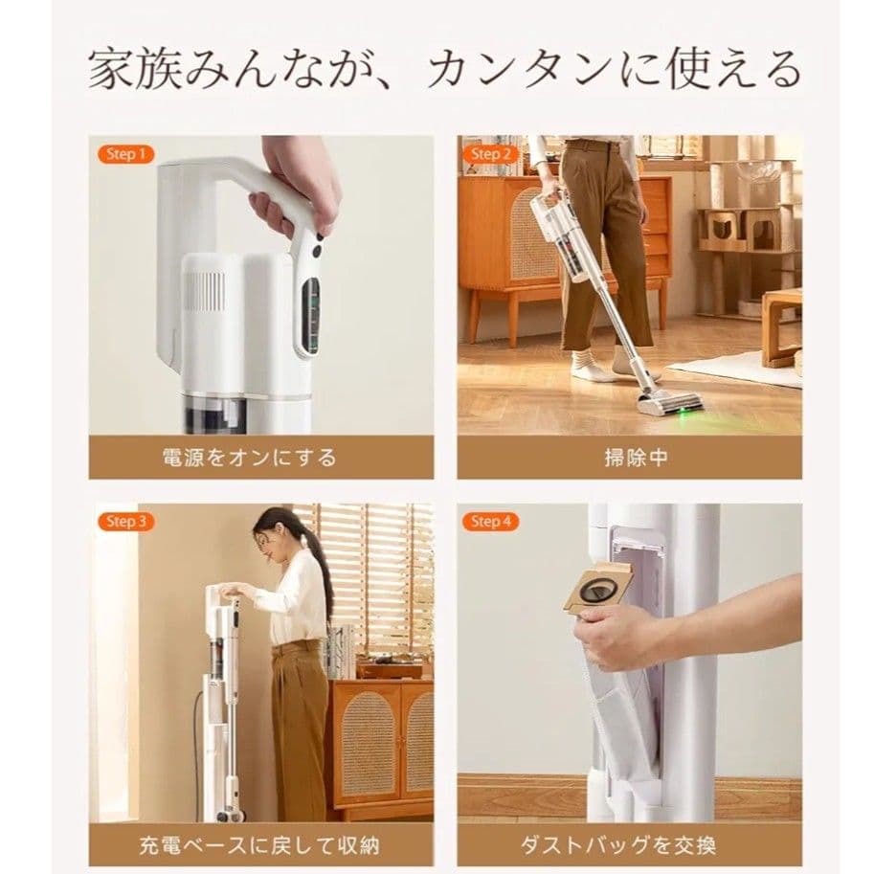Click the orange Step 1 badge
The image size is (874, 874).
(126, 153)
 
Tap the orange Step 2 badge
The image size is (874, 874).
(493, 153)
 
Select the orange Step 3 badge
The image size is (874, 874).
(126, 522)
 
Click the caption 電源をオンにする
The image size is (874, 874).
(250, 458)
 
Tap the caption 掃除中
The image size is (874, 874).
(629, 458)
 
